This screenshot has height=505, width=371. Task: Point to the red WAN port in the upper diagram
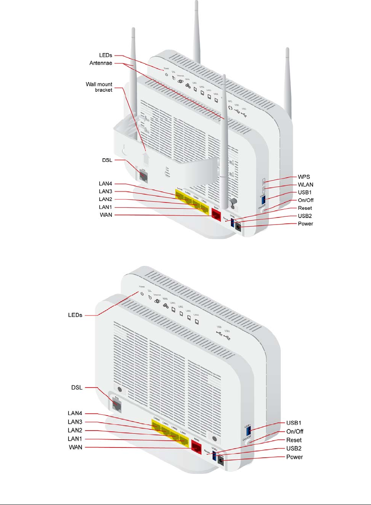[x=216, y=214]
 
